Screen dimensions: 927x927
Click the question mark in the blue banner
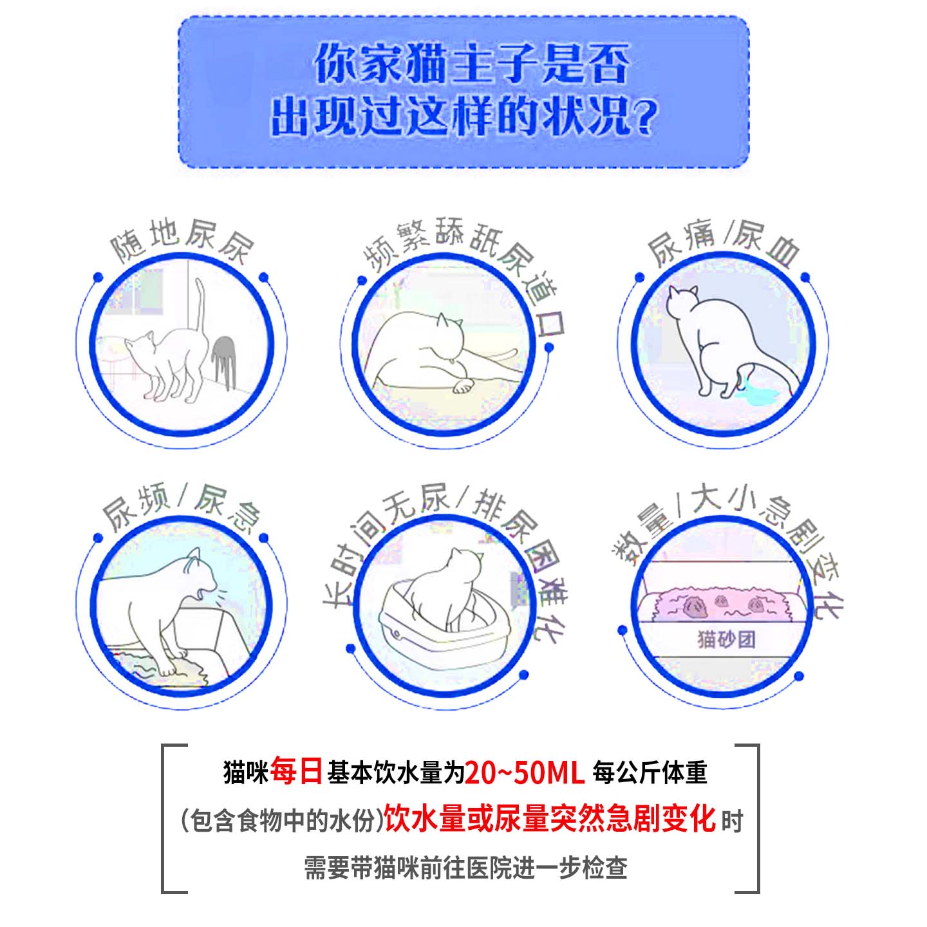pos(640,119)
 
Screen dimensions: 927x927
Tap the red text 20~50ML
pos(524,772)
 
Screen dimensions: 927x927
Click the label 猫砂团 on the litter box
pos(726,639)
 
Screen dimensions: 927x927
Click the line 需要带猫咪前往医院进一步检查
pos(465,868)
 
